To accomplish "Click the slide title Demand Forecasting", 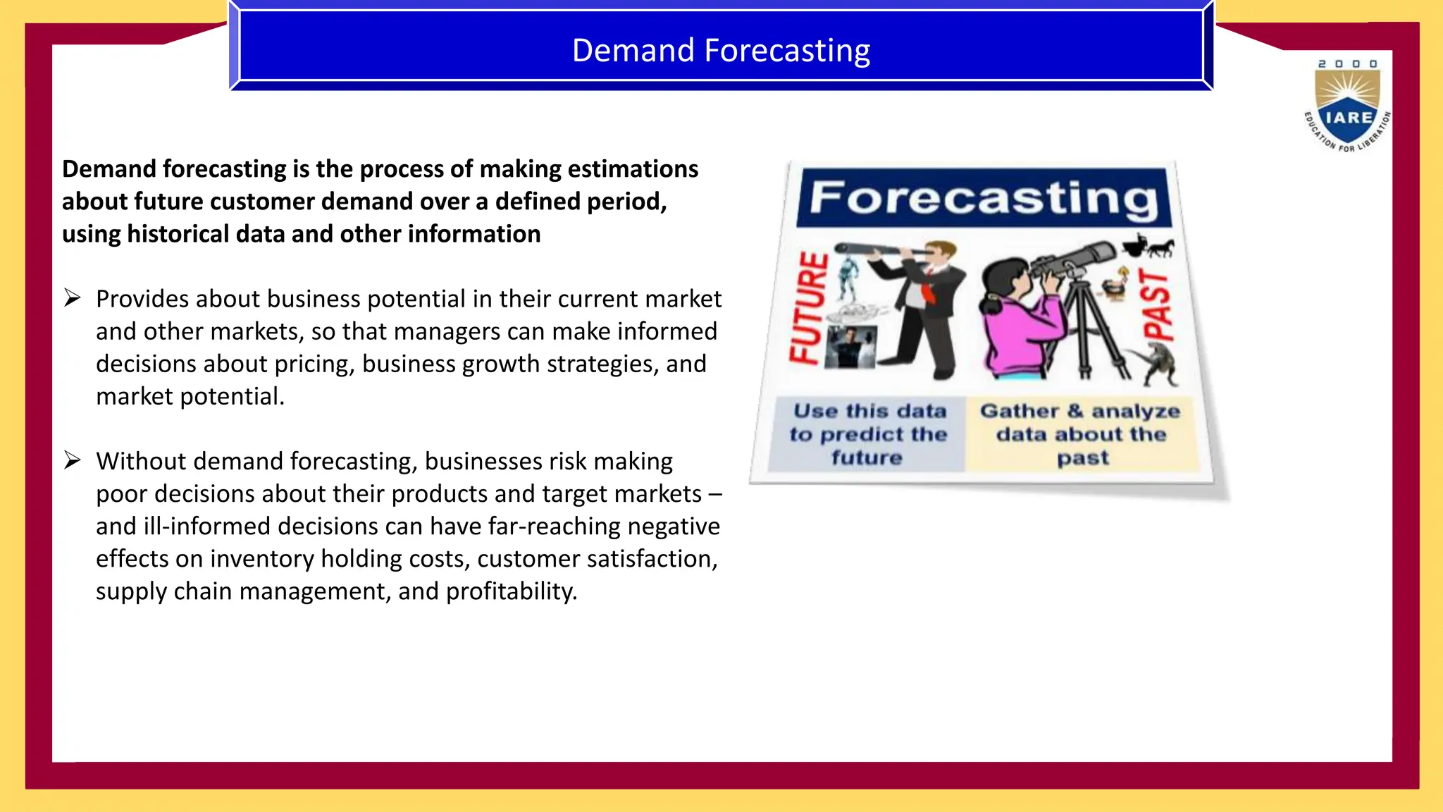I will pyautogui.click(x=721, y=51).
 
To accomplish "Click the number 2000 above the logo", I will pyautogui.click(x=1347, y=64).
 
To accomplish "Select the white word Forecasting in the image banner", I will pyautogui.click(x=984, y=198).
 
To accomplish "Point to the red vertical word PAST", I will pyautogui.click(x=1157, y=304).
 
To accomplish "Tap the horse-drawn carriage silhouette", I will pyautogui.click(x=1148, y=247).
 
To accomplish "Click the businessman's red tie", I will pyautogui.click(x=928, y=290).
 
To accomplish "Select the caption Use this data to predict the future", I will pyautogui.click(x=867, y=434).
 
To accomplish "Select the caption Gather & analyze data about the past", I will pyautogui.click(x=1081, y=434).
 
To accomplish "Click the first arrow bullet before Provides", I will pyautogui.click(x=73, y=298).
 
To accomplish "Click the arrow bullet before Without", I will pyautogui.click(x=73, y=460).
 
